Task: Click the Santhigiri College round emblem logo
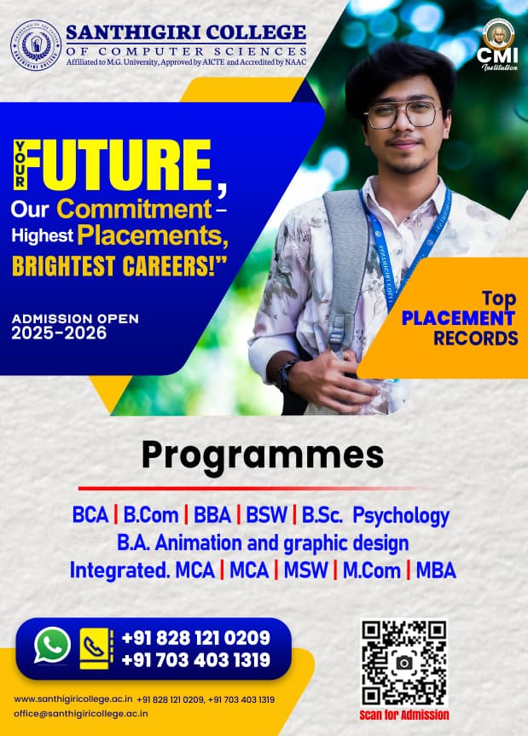(36, 45)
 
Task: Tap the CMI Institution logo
(497, 45)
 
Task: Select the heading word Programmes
(263, 455)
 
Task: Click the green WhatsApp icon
(52, 646)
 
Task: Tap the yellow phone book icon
(96, 648)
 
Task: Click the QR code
(404, 663)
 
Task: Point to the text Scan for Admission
(404, 715)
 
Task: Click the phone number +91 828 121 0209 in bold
(195, 638)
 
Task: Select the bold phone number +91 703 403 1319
(195, 660)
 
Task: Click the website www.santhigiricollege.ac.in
(73, 699)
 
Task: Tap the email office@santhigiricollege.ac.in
(81, 714)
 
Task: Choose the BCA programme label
(90, 515)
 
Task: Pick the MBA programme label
(436, 571)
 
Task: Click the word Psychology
(401, 516)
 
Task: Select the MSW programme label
(305, 571)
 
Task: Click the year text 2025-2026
(59, 333)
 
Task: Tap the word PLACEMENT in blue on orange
(458, 318)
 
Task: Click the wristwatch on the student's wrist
(287, 374)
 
